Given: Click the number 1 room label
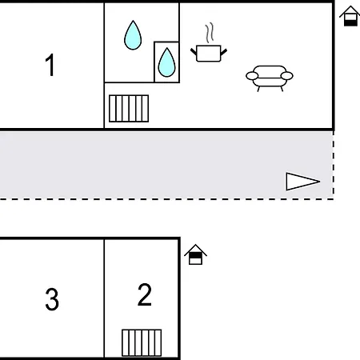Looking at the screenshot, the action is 50,65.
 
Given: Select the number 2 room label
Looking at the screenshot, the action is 145,294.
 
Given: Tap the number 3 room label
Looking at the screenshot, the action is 52,299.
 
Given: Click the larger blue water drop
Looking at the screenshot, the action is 133,35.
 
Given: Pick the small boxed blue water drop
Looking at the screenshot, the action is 167,62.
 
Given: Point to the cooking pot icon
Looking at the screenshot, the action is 209,54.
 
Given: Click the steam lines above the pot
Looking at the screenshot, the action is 210,33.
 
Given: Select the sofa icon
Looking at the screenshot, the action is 270,78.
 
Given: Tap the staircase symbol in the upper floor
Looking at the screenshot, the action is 129,109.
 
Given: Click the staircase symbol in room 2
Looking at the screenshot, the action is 142,343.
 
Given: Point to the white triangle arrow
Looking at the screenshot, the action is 302,182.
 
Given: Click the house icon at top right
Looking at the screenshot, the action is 350,16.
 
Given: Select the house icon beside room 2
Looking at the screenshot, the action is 195,254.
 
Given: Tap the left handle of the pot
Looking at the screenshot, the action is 194,52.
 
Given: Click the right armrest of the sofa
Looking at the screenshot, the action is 287,76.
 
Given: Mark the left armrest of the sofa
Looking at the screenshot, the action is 252,76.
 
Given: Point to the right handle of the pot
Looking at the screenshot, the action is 224,52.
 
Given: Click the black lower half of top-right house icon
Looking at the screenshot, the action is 350,23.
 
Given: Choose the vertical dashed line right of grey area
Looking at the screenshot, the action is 333,165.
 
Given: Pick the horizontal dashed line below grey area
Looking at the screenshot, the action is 166,199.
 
